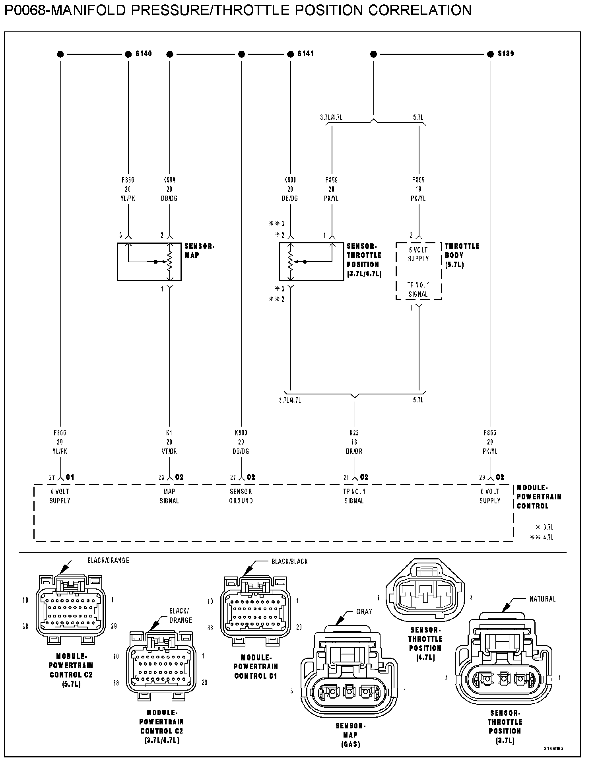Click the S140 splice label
pos(144,54)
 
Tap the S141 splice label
pos(305,54)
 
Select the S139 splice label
pos(506,54)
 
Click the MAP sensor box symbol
pos(149,262)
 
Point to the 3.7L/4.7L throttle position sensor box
pos(311,262)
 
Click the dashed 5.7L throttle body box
pos(418,271)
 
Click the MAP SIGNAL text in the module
pos(169,496)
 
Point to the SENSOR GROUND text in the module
pos(241,496)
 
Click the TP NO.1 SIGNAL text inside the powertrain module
pos(354,496)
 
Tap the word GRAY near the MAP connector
pos(364,612)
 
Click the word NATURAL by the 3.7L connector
pos(542,599)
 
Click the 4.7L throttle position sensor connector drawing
pos(425,594)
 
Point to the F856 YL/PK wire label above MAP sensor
pos(128,189)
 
